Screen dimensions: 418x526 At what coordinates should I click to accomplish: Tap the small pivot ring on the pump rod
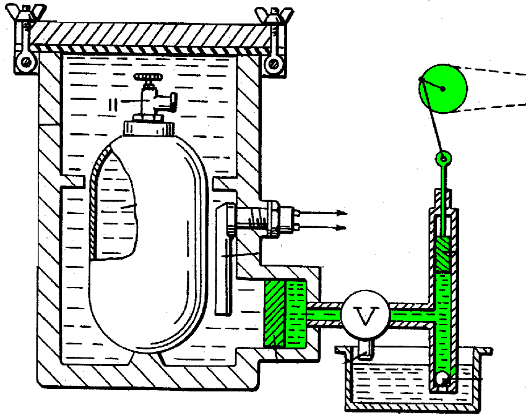pos(442,159)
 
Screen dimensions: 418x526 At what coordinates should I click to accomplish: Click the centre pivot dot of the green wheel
pos(443,88)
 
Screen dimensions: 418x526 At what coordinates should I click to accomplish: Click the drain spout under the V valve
pos(366,349)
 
